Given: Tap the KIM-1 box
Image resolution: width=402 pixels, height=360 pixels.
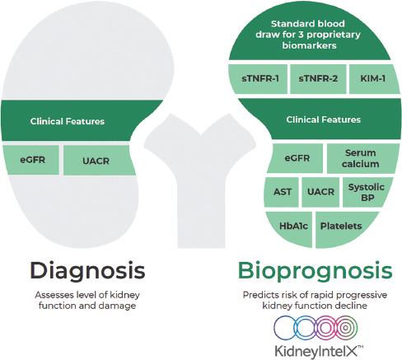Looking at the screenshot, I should [x=368, y=78].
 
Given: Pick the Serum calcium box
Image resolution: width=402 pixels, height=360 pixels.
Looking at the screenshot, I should [x=360, y=158].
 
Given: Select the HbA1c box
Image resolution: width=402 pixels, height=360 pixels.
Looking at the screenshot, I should [x=288, y=225].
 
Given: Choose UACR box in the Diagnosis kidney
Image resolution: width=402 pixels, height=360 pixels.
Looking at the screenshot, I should [x=94, y=160].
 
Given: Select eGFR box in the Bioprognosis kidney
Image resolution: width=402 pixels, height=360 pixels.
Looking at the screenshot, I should [x=296, y=158].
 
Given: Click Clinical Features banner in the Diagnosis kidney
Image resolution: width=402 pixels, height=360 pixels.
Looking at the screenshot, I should [x=68, y=121].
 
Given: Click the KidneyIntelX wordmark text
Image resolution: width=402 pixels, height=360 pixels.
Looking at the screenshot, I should [x=316, y=349].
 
